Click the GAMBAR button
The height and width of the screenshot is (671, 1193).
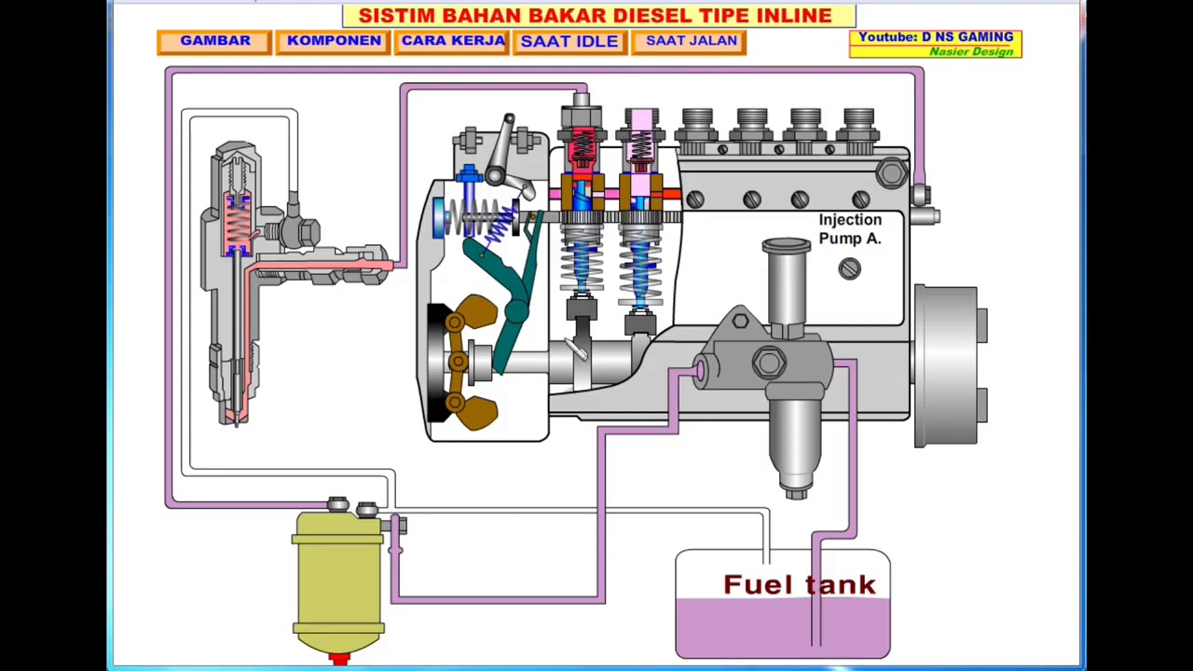click(214, 41)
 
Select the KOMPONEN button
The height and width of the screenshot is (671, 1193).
click(333, 41)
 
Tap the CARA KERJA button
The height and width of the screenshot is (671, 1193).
click(453, 41)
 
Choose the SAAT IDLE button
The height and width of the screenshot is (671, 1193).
click(569, 41)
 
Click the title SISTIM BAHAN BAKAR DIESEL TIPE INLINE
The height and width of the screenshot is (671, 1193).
click(596, 16)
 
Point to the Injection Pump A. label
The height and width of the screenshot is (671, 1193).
click(849, 229)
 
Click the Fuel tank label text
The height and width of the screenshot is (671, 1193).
click(799, 585)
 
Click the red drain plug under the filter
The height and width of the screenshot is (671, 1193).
click(339, 659)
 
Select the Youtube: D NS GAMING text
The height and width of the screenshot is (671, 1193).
click(935, 37)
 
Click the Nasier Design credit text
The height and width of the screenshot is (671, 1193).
click(970, 51)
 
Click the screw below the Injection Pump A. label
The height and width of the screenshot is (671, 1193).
click(848, 269)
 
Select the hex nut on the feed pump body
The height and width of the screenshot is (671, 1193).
click(769, 363)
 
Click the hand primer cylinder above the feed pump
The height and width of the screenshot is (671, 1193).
click(787, 284)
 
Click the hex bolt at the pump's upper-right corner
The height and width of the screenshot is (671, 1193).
click(891, 172)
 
